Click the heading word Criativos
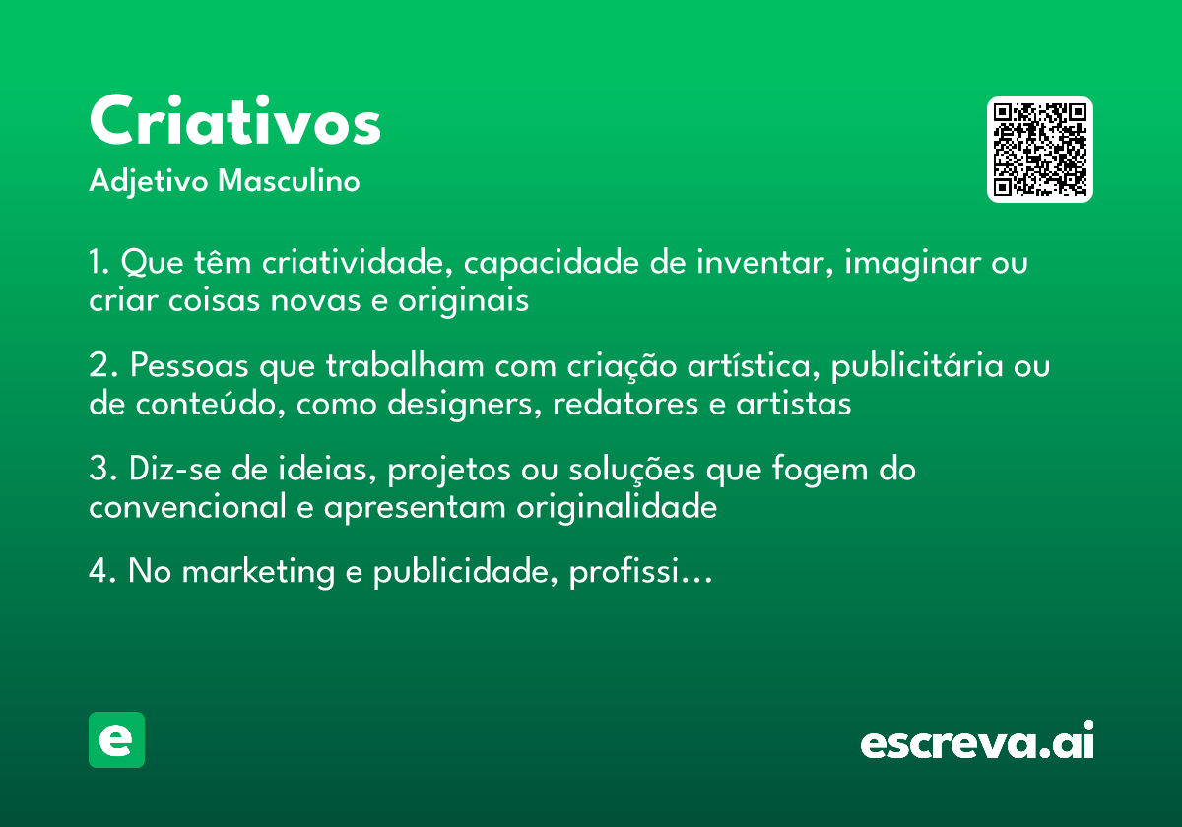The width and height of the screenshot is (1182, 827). tap(234, 123)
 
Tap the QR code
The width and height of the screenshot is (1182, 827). tap(1040, 150)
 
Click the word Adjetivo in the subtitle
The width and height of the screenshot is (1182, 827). tap(148, 182)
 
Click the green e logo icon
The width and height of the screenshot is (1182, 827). tap(116, 739)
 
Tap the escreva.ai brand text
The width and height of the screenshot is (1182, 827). tap(977, 742)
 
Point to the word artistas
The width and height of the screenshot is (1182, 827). tap(794, 404)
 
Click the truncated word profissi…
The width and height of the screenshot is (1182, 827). tap(640, 572)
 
